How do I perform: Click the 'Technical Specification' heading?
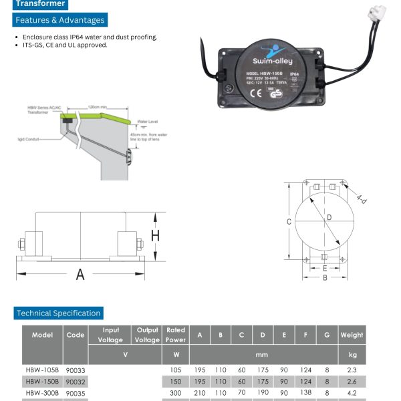[x=59, y=313]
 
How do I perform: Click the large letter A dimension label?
[x=80, y=274]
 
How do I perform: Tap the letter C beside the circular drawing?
[x=289, y=221]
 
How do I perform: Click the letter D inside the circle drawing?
[x=329, y=217]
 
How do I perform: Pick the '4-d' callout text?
[x=362, y=198]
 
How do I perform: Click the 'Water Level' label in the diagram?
[x=150, y=122]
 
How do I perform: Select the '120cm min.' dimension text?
[x=98, y=107]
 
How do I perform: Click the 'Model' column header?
[x=42, y=335]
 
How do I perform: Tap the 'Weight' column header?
[x=352, y=335]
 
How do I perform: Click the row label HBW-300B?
[x=42, y=393]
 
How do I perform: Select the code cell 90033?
[x=76, y=370]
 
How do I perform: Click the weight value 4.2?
[x=352, y=393]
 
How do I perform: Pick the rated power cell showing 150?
[x=176, y=381]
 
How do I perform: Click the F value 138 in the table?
[x=306, y=393]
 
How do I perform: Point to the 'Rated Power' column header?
[x=176, y=334]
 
